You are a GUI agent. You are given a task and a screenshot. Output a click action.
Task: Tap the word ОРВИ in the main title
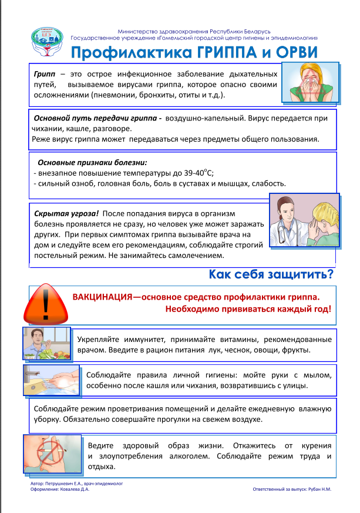tap(291, 52)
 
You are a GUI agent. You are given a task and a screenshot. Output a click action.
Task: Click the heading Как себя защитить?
tap(271, 274)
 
